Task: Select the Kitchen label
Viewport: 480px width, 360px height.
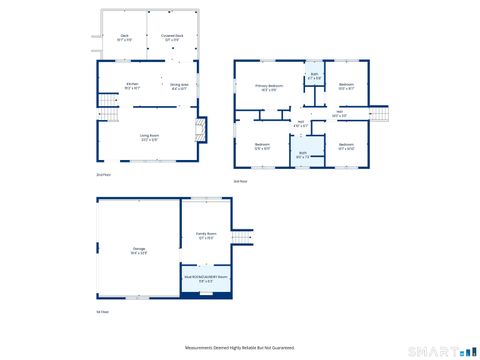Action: pyautogui.click(x=131, y=86)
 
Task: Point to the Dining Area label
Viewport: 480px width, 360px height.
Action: pyautogui.click(x=179, y=87)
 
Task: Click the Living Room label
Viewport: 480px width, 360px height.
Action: pyautogui.click(x=150, y=137)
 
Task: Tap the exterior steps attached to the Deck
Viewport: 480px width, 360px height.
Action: pyautogui.click(x=96, y=43)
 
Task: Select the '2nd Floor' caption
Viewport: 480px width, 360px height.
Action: pyautogui.click(x=102, y=175)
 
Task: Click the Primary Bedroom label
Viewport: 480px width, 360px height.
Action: pyautogui.click(x=269, y=88)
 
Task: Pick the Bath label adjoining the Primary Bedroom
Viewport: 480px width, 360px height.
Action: pyautogui.click(x=314, y=76)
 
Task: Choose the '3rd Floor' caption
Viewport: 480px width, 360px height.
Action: pyautogui.click(x=239, y=181)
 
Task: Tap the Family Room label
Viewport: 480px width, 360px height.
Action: pyautogui.click(x=206, y=236)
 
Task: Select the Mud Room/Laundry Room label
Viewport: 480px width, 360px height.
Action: pyautogui.click(x=206, y=279)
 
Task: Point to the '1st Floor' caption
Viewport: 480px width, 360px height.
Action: pyautogui.click(x=102, y=312)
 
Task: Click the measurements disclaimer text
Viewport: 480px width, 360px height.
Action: pyautogui.click(x=240, y=347)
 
